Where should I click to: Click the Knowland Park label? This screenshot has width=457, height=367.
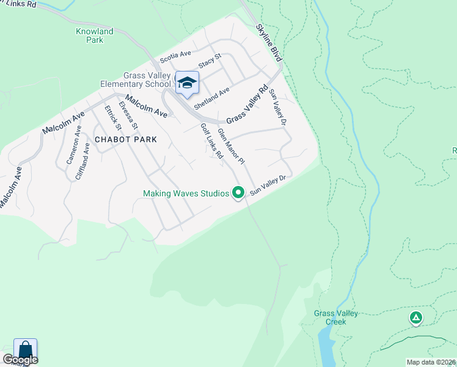95,35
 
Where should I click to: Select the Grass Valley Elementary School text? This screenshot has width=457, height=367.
136,80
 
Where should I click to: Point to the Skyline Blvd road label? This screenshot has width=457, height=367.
269,42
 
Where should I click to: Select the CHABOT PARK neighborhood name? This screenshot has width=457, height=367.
125,139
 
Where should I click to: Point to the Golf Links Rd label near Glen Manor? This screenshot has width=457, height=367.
211,141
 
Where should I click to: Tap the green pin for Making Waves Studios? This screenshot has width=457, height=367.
238,193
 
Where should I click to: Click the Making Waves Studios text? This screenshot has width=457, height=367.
186,193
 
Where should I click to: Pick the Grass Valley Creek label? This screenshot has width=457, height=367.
336,317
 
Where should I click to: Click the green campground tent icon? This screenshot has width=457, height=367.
415,317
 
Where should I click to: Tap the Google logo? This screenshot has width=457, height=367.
20,360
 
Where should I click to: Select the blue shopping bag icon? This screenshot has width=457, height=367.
25,349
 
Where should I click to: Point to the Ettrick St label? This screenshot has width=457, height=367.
113,118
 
